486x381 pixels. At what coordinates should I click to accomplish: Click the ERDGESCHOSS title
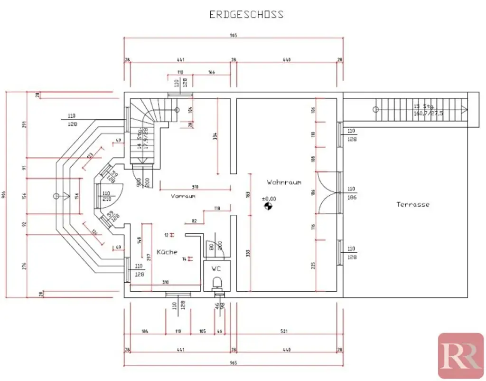[246, 14]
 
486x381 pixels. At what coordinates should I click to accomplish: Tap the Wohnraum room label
[284, 182]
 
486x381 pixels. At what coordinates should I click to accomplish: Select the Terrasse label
[413, 204]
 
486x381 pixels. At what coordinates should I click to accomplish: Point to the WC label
[216, 268]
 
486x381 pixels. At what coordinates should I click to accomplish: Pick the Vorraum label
[183, 196]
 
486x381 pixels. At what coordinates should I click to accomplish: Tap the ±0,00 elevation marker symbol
[269, 206]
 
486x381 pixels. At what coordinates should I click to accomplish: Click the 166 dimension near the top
[212, 72]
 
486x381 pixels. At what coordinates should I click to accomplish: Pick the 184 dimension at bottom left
[144, 331]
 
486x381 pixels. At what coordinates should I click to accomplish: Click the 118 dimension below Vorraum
[217, 208]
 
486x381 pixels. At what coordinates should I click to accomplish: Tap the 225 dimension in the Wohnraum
[313, 265]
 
